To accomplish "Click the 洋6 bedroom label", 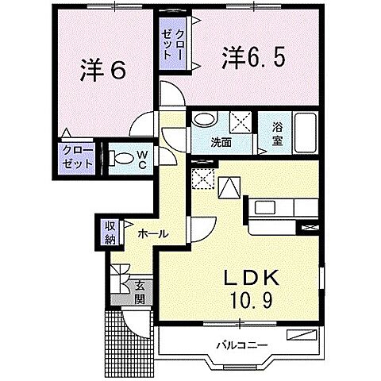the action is click(103, 71).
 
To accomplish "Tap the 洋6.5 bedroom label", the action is click(253, 57).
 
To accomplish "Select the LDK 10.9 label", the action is click(252, 289).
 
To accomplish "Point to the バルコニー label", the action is click(242, 345).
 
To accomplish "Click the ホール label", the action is click(153, 233).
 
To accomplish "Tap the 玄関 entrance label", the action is click(140, 292).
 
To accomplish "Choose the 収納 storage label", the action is click(110, 233).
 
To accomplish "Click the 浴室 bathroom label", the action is click(277, 134).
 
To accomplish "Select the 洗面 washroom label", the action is click(221, 143).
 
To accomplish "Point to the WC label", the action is click(142, 160).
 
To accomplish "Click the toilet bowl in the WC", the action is click(121, 159).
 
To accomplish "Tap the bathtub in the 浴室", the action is click(306, 133).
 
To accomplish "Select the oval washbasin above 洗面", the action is click(204, 120).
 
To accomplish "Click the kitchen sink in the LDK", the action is click(265, 208).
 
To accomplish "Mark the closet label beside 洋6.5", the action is click(172, 44).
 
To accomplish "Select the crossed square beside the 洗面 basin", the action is click(241, 122).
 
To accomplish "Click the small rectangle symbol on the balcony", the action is click(302, 334).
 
